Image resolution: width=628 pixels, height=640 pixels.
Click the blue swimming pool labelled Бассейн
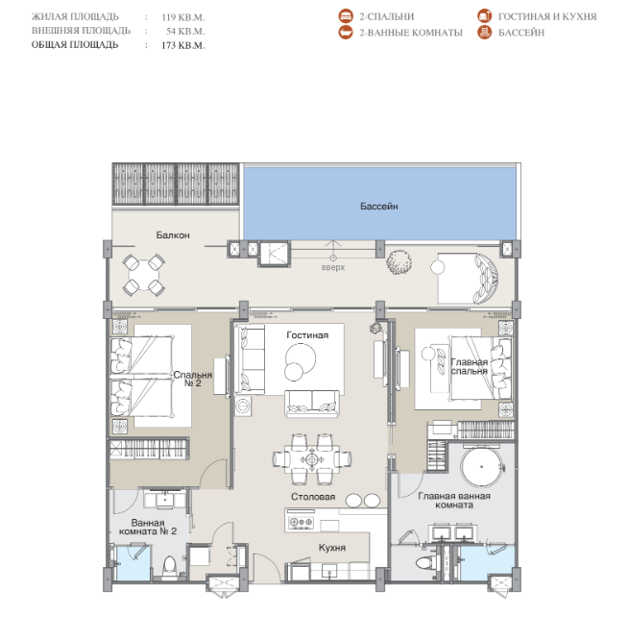coord(380,203)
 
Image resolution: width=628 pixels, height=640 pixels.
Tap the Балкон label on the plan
coord(173,235)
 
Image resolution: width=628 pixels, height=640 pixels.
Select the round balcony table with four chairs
coord(144,275)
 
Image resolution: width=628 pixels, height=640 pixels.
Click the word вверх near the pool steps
coord(333,267)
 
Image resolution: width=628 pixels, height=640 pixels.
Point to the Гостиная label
coord(307,335)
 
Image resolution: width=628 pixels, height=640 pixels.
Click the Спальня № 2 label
coord(192,379)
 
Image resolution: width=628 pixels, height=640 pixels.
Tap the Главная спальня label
coord(470,366)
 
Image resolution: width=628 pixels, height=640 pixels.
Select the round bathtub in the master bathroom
coord(481,466)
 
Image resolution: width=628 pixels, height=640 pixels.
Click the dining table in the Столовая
coord(311,459)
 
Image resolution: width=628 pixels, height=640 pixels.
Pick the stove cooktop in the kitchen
coord(301,522)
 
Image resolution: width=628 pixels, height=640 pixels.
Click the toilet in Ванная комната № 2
coord(169,567)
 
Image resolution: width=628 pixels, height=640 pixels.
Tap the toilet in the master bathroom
coord(425,563)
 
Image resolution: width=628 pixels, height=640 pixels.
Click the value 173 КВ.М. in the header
coord(183,45)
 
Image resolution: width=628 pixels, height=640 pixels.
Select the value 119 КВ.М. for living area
coord(183,17)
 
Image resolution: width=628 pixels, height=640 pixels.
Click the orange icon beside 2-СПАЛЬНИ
coord(346,16)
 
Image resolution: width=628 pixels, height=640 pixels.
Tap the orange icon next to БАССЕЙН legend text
coord(485,33)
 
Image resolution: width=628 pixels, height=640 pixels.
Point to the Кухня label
coord(332,548)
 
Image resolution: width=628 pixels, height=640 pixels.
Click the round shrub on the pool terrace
coord(399,261)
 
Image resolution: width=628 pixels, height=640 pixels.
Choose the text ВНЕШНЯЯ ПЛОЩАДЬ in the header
coord(81,31)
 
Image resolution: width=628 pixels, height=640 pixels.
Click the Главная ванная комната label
coord(454,501)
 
